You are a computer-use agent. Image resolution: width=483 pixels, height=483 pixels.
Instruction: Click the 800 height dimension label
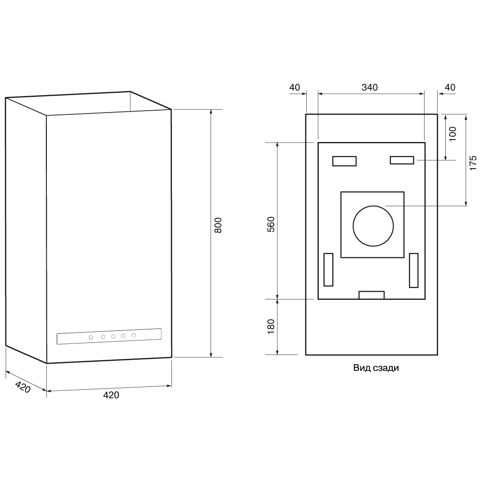218,225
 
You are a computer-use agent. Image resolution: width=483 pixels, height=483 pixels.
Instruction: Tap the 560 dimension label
270,224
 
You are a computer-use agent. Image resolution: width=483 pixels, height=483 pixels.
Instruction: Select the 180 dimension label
270,327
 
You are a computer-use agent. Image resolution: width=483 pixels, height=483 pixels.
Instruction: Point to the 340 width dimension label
369,87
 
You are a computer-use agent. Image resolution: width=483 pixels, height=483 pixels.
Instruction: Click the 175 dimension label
473,163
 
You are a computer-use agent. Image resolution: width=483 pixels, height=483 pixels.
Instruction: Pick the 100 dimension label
453,134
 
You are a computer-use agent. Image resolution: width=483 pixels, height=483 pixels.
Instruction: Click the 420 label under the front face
111,395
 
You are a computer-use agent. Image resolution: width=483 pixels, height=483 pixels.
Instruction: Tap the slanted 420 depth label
23,387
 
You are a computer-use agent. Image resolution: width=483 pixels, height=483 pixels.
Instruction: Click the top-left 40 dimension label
295,87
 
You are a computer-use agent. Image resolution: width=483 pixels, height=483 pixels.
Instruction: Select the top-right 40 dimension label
450,87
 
